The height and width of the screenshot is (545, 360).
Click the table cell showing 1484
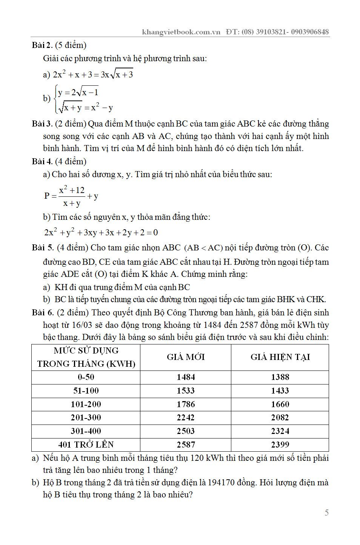pos(186,377)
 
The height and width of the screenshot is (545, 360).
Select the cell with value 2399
pos(280,445)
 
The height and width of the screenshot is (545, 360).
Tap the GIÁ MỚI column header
pos(186,357)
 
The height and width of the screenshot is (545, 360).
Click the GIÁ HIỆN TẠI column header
pos(280,357)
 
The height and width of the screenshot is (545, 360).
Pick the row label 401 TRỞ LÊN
pos(86,445)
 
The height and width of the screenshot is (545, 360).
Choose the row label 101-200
pos(86,404)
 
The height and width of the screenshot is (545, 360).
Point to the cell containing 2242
pos(186,417)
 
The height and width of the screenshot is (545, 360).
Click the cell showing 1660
pos(280,404)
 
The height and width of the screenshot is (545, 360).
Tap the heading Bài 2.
pos(42,45)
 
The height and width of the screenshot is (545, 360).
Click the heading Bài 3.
pos(42,124)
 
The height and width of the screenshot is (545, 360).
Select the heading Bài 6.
pos(43,313)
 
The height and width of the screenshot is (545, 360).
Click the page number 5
pos(326,513)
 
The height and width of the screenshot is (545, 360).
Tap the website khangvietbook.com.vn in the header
pos(181,32)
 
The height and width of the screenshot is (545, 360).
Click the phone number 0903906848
pos(310,32)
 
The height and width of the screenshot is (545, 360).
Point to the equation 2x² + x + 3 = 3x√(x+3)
pos(93,74)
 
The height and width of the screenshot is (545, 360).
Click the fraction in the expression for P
pos(72,196)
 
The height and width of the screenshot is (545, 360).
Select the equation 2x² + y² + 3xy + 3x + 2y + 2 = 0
pos(101,232)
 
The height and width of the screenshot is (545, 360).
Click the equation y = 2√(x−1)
pos(78,92)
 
